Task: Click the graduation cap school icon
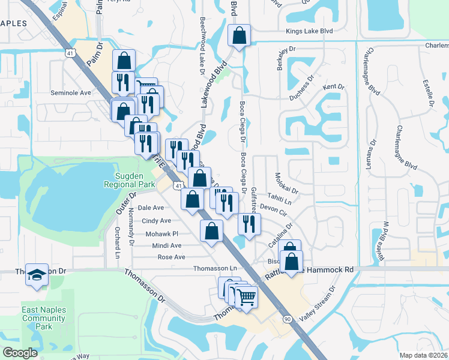point(37,275)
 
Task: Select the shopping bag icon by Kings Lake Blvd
point(239,35)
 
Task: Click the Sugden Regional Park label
point(136,180)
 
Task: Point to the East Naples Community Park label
point(44,318)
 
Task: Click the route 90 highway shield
point(289,319)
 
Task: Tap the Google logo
point(20,353)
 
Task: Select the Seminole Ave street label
point(70,92)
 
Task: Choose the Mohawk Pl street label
point(160,233)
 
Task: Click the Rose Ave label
point(171,257)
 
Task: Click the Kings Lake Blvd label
point(309,31)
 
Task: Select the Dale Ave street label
point(151,208)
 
